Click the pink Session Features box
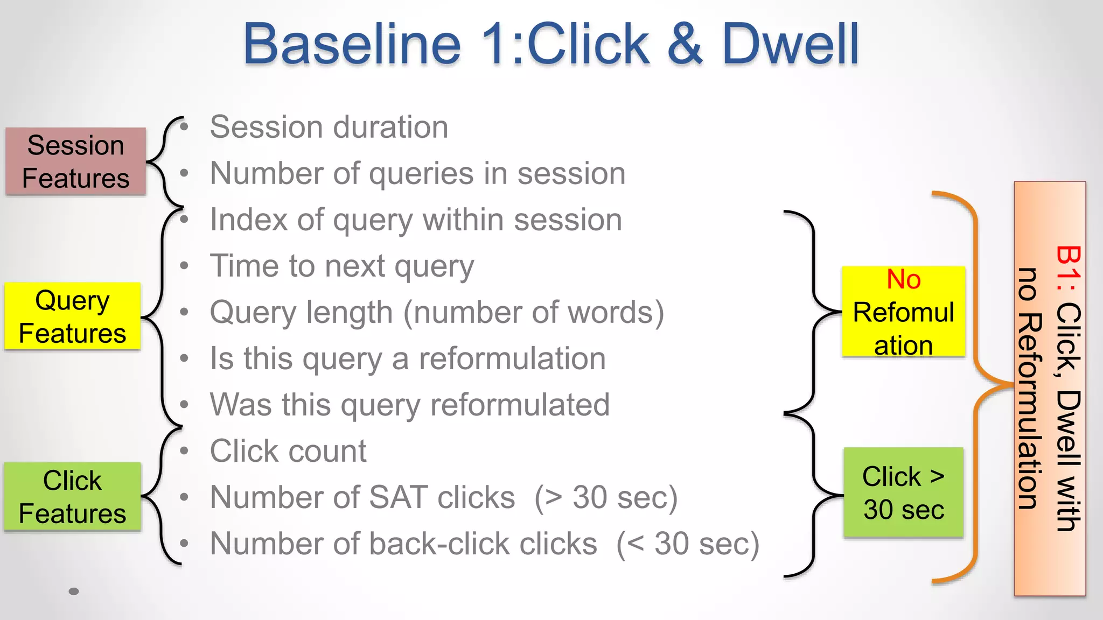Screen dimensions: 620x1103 (x=75, y=161)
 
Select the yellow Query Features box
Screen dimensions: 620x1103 (x=73, y=316)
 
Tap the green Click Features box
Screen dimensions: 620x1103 (x=73, y=497)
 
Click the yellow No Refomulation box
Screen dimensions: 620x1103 (x=903, y=312)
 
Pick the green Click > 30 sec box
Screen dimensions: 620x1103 (x=903, y=492)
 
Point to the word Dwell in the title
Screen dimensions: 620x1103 (x=790, y=44)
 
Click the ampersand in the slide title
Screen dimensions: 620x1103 (x=685, y=44)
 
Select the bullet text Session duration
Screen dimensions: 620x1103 (x=329, y=128)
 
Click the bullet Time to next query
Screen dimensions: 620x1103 (x=342, y=266)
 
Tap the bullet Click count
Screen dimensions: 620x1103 (x=288, y=451)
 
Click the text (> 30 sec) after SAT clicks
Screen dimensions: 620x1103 (x=606, y=497)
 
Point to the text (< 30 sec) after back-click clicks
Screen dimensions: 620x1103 (x=688, y=544)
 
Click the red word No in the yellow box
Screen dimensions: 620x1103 (x=903, y=279)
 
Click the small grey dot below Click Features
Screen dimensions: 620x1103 (x=74, y=591)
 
